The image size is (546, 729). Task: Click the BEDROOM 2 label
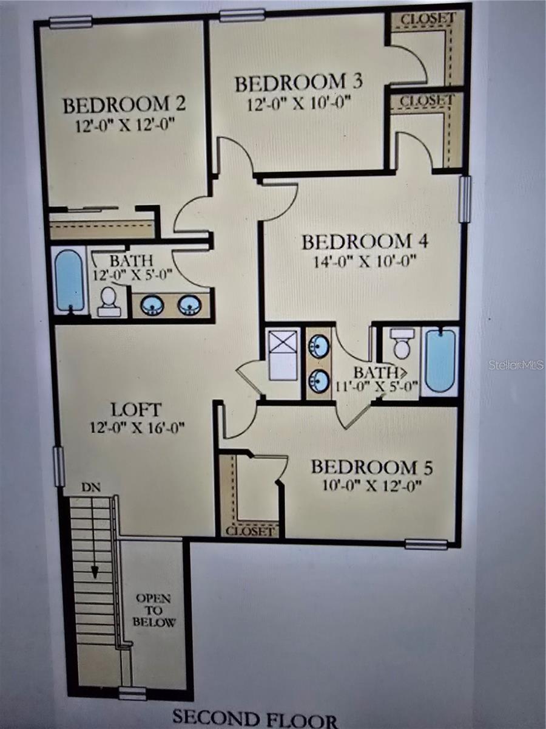(124, 104)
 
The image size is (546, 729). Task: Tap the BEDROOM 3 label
(299, 83)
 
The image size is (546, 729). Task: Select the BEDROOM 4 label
(365, 241)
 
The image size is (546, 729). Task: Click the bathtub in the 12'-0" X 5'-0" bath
(69, 281)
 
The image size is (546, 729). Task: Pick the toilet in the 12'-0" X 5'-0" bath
(109, 301)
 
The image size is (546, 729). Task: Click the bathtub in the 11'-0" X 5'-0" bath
(440, 360)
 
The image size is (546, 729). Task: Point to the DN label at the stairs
(92, 487)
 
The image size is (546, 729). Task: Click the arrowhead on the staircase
(95, 572)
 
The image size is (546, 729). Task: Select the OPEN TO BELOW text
(153, 610)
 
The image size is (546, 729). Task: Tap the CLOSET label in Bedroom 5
(250, 531)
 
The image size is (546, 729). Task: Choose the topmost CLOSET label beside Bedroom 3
(427, 18)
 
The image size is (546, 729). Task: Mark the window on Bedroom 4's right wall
(465, 199)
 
